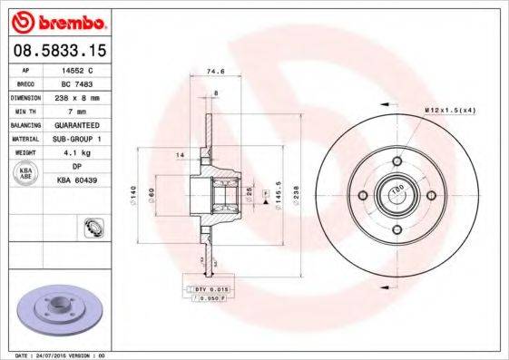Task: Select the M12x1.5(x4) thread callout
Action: (x=450, y=110)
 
